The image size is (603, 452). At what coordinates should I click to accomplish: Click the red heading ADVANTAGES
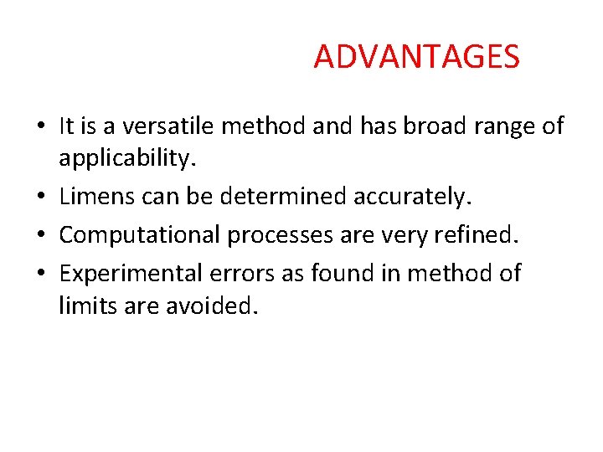point(416,57)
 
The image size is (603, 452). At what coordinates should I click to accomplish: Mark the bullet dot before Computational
point(41,236)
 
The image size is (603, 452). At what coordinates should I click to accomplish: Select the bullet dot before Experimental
point(41,274)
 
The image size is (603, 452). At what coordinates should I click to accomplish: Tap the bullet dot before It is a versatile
point(41,127)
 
